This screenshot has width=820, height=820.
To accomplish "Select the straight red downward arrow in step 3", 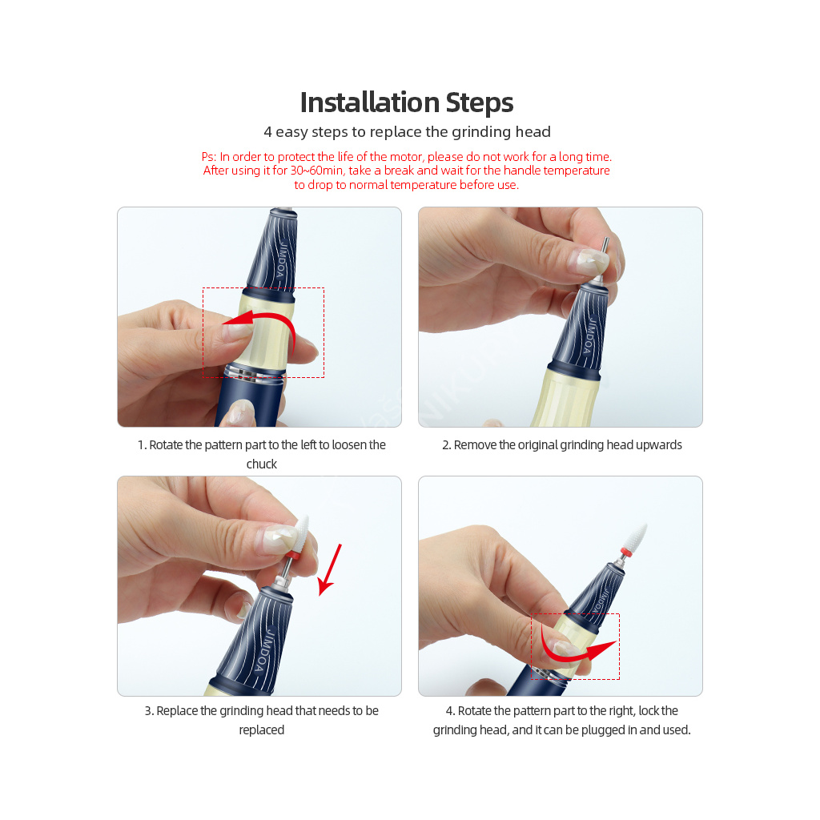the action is pyautogui.click(x=329, y=570).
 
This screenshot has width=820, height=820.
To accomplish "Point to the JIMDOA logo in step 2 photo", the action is pyautogui.click(x=590, y=336).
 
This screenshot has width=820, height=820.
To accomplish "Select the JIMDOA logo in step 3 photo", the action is pyautogui.click(x=264, y=652).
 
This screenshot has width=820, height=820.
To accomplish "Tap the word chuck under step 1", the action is pyautogui.click(x=262, y=464).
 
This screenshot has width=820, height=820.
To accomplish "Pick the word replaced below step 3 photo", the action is pyautogui.click(x=262, y=730).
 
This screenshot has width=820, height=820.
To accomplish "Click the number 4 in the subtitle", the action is pyautogui.click(x=267, y=132).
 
